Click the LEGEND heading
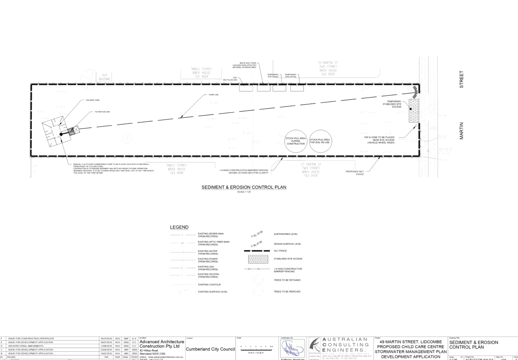point(179,227)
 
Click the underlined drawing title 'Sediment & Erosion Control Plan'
point(244,187)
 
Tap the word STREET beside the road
point(462,79)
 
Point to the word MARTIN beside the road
point(462,131)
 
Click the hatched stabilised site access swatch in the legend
point(258,259)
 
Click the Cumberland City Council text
point(210,349)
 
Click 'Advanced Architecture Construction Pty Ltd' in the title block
point(161,344)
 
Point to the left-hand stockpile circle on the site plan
point(296,140)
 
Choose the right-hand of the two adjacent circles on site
point(320,140)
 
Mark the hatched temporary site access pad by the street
point(413,111)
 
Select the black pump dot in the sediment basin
point(61,134)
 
